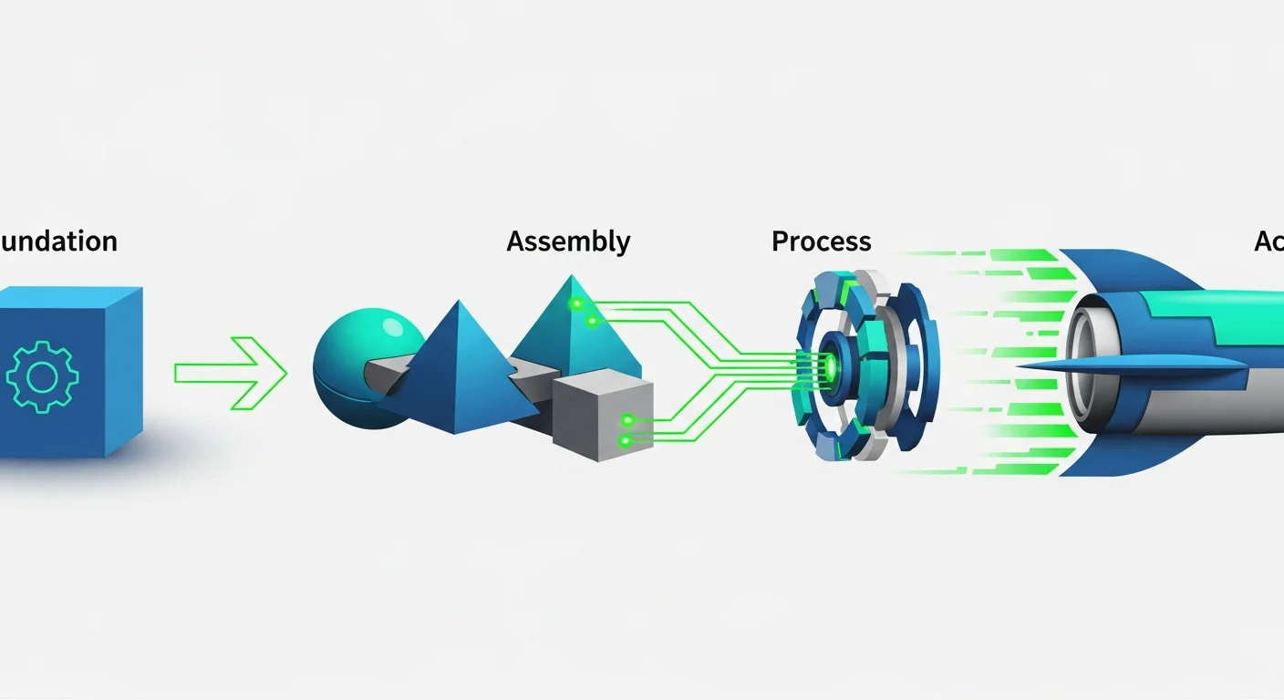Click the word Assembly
coord(568,242)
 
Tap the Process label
coord(821,242)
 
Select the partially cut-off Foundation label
coord(58,242)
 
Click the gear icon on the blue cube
coord(42,375)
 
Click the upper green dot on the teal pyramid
coord(575,303)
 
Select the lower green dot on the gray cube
coord(625,440)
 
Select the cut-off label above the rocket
coord(1268,242)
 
